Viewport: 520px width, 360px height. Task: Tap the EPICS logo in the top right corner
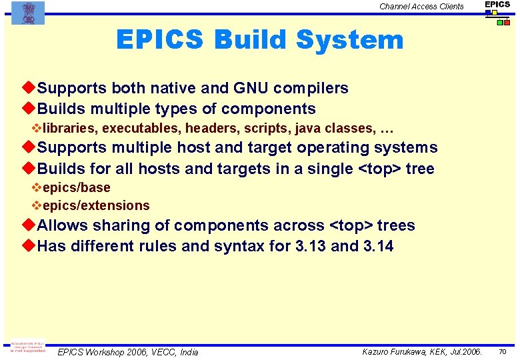coord(497,12)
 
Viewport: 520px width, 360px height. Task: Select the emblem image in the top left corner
coord(28,13)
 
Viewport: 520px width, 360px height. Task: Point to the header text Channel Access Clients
coord(421,7)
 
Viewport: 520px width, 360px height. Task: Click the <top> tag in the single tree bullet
coord(380,169)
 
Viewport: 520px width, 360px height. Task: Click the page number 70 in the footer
coord(503,351)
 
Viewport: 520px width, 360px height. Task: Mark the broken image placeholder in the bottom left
coord(28,348)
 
